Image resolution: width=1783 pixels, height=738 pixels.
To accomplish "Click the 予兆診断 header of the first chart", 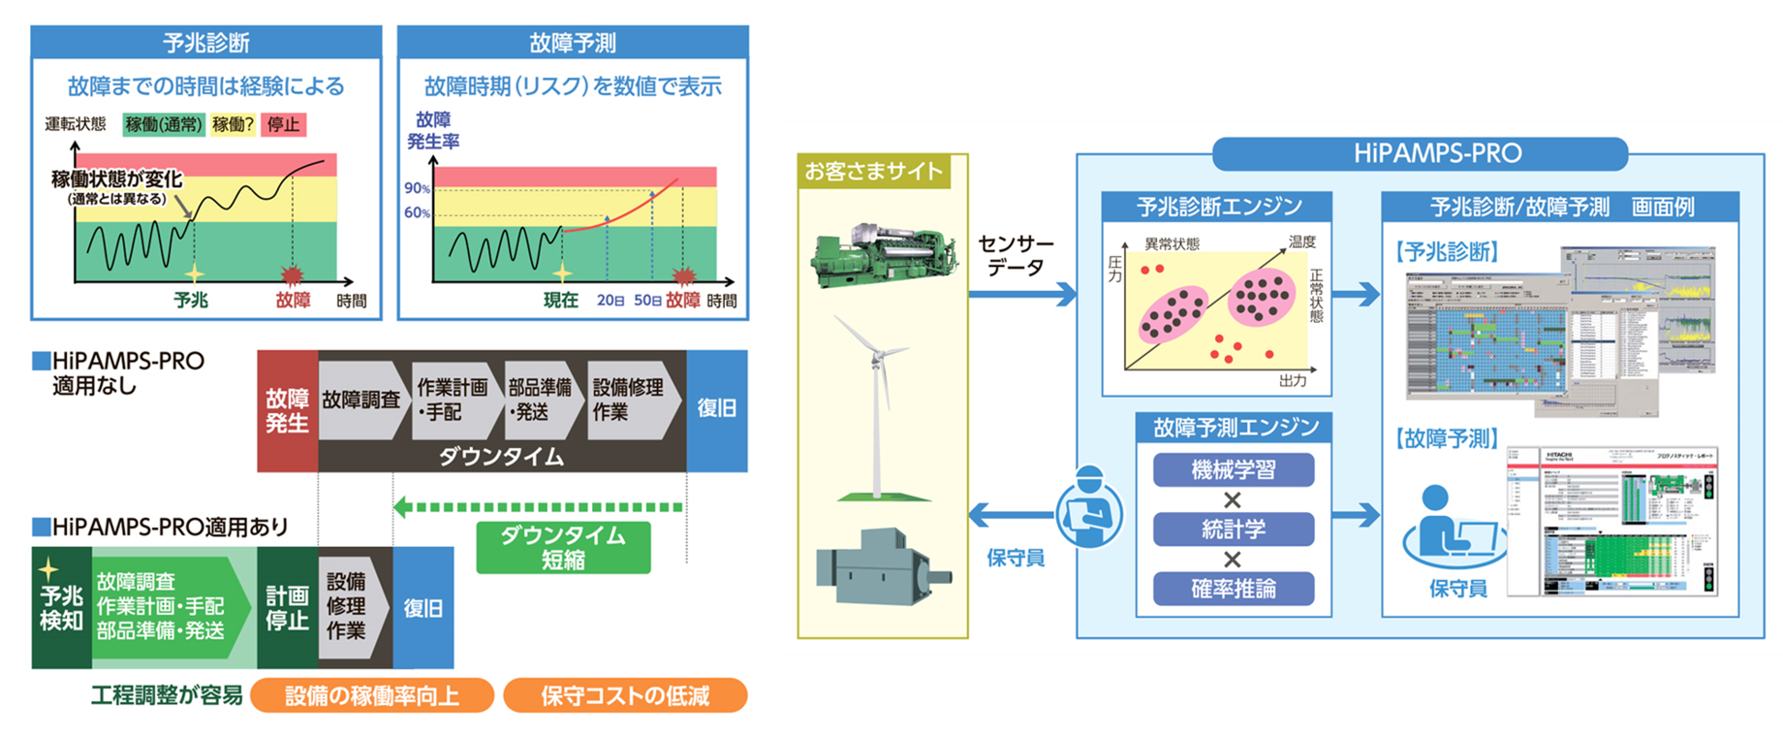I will tap(206, 43).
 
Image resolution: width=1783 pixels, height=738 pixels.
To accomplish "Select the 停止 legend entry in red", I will tap(283, 124).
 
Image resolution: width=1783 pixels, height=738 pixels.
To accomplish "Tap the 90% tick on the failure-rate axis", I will tap(417, 188).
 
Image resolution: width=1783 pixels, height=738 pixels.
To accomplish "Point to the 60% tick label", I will tap(417, 212).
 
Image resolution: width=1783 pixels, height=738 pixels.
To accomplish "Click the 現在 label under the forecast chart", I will tap(560, 301).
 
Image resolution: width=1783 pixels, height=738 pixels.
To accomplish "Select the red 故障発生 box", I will tap(287, 410).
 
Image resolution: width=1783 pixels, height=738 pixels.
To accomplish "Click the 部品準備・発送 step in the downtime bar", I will tap(540, 400).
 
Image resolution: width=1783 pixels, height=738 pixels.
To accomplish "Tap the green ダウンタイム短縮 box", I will tap(563, 548).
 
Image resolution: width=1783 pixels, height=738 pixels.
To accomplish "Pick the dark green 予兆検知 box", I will tap(61, 608).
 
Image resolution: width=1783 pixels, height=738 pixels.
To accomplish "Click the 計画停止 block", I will tap(287, 608).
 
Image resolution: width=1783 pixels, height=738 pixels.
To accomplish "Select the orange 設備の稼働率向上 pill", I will tap(372, 695).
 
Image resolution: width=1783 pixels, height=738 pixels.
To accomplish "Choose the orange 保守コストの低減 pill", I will tap(625, 695).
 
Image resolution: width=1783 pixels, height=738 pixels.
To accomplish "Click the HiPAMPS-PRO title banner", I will tap(1437, 153).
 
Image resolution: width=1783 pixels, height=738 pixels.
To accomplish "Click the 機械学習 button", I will tap(1233, 470).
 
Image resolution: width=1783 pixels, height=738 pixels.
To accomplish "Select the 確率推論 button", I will tap(1233, 589).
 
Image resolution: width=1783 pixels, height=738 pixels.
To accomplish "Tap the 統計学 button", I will tap(1233, 529).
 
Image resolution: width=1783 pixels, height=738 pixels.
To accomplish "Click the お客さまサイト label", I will tap(873, 172).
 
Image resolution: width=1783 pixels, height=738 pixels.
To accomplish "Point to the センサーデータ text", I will tap(1015, 255).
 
